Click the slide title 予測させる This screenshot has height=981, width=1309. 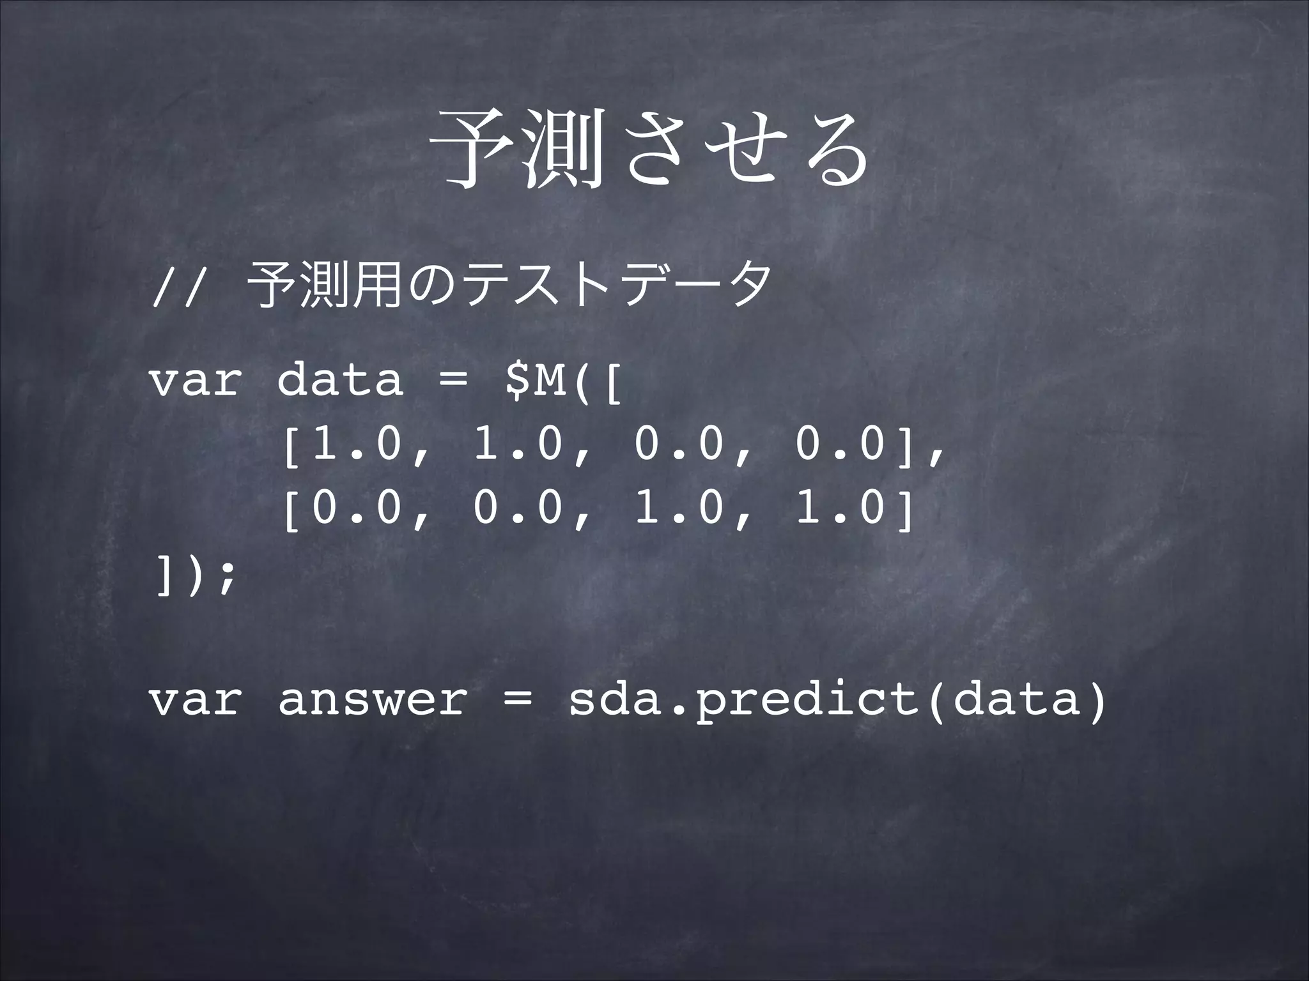[x=652, y=151]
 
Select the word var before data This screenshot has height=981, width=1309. [x=195, y=381]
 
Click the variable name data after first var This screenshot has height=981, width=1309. [x=341, y=381]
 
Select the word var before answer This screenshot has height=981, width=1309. [x=195, y=701]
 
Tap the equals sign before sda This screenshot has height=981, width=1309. [x=517, y=701]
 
